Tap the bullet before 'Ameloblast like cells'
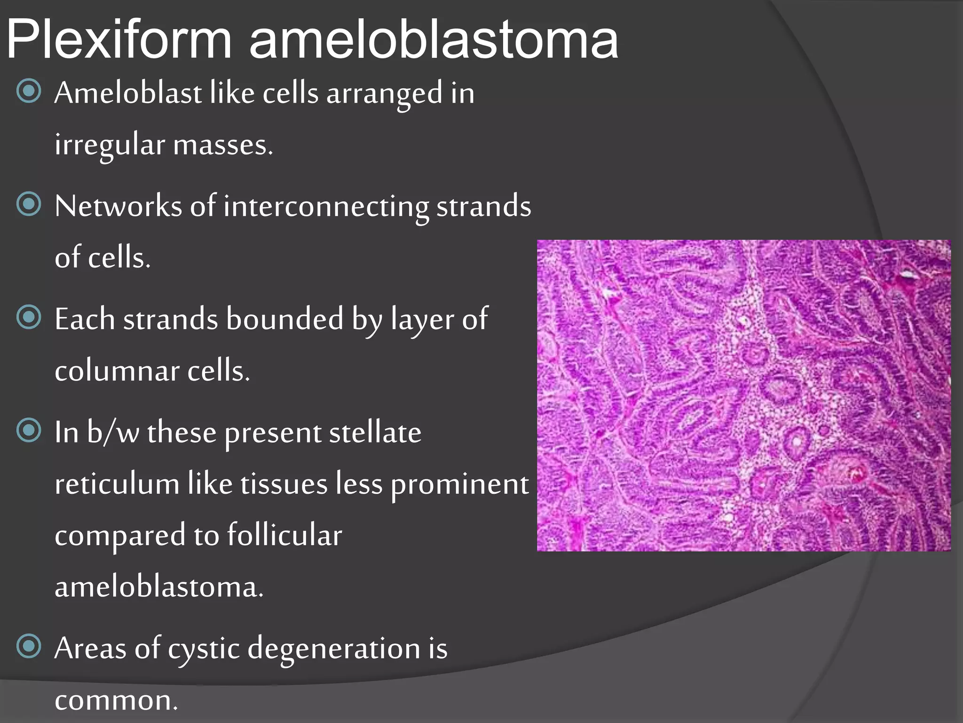point(29,91)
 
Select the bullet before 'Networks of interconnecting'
point(29,204)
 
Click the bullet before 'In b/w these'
point(29,430)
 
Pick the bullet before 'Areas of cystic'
point(29,646)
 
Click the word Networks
point(118,206)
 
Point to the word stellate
point(375,433)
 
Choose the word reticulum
point(117,484)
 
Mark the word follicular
point(284,536)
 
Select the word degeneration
point(334,649)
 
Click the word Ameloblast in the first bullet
point(128,93)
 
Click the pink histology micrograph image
point(743,395)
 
